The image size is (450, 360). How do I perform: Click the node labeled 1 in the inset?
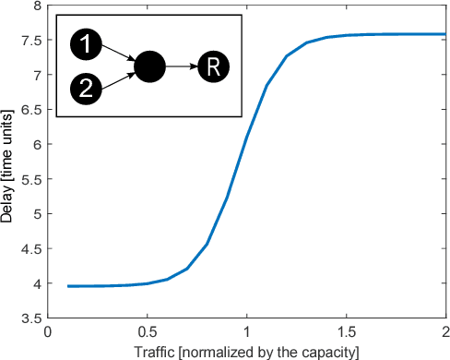click(x=84, y=42)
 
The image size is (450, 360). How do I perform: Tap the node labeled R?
click(x=212, y=66)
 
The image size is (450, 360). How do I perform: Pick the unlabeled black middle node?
click(x=149, y=66)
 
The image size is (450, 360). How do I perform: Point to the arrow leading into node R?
click(x=181, y=66)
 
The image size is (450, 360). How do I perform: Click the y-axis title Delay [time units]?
click(x=10, y=162)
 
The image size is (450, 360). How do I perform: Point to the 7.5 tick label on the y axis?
click(x=32, y=40)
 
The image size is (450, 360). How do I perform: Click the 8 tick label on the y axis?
click(x=37, y=6)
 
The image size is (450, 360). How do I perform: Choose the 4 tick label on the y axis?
click(x=37, y=284)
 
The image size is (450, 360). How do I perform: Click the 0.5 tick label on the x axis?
click(x=148, y=331)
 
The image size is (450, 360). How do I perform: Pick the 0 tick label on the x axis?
click(x=49, y=331)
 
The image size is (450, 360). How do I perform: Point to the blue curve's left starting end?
click(x=69, y=286)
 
